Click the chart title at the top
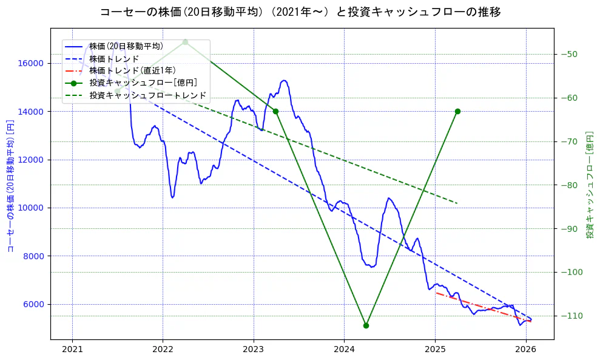[300, 12]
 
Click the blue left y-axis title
[10, 185]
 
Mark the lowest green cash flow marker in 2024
[366, 325]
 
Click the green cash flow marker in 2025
[457, 111]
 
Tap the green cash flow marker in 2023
[275, 111]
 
